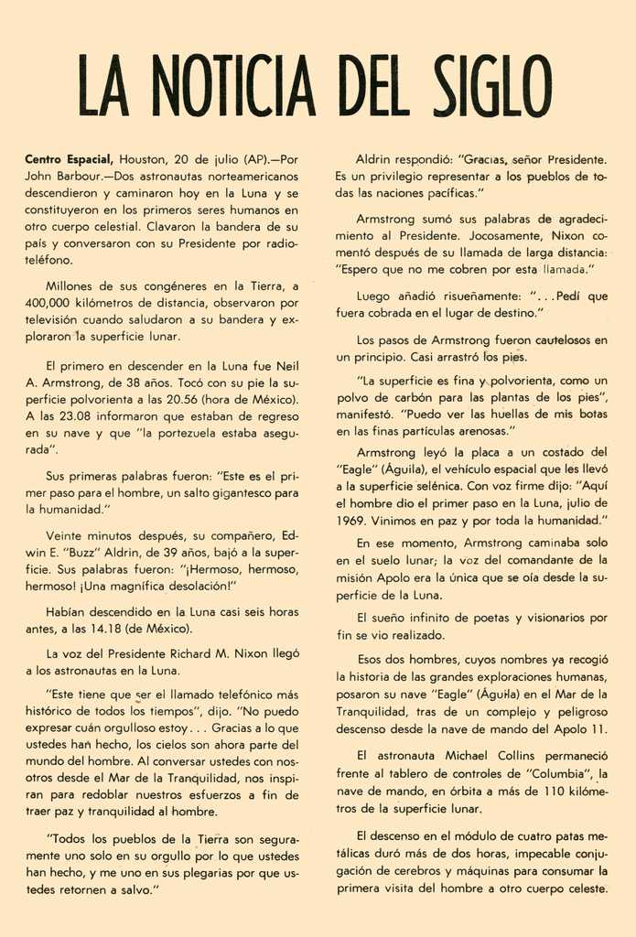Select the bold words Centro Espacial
point(70,158)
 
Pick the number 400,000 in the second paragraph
point(52,303)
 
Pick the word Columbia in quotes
point(555,773)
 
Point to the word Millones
point(74,286)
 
